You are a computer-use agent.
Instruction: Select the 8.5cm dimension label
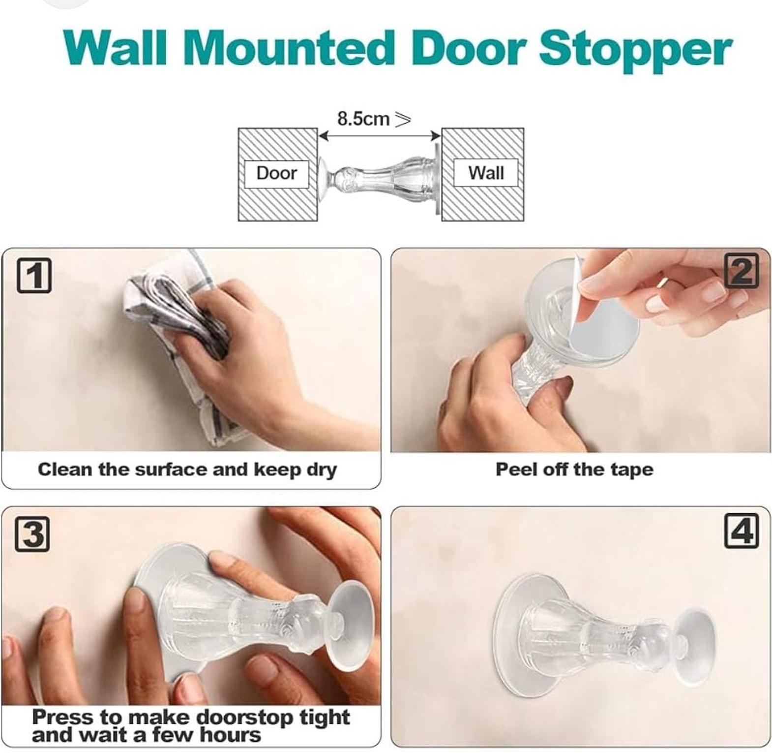pyautogui.click(x=374, y=119)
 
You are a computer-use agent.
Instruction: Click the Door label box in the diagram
pyautogui.click(x=276, y=173)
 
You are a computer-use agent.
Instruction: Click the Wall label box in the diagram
pyautogui.click(x=485, y=173)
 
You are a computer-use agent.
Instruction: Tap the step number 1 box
pyautogui.click(x=34, y=276)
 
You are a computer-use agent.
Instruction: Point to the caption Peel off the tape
pyautogui.click(x=574, y=469)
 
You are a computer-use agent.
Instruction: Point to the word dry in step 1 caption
pyautogui.click(x=322, y=470)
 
